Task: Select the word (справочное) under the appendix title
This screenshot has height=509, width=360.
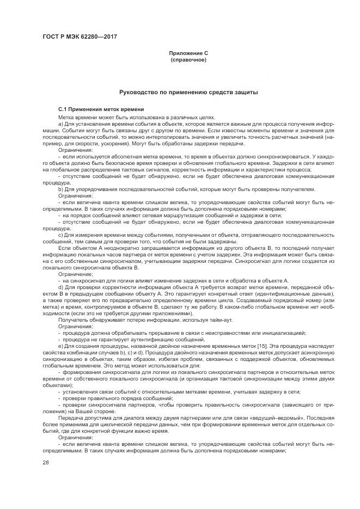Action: tap(188, 59)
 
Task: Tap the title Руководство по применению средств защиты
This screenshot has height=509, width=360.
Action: tap(188, 93)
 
